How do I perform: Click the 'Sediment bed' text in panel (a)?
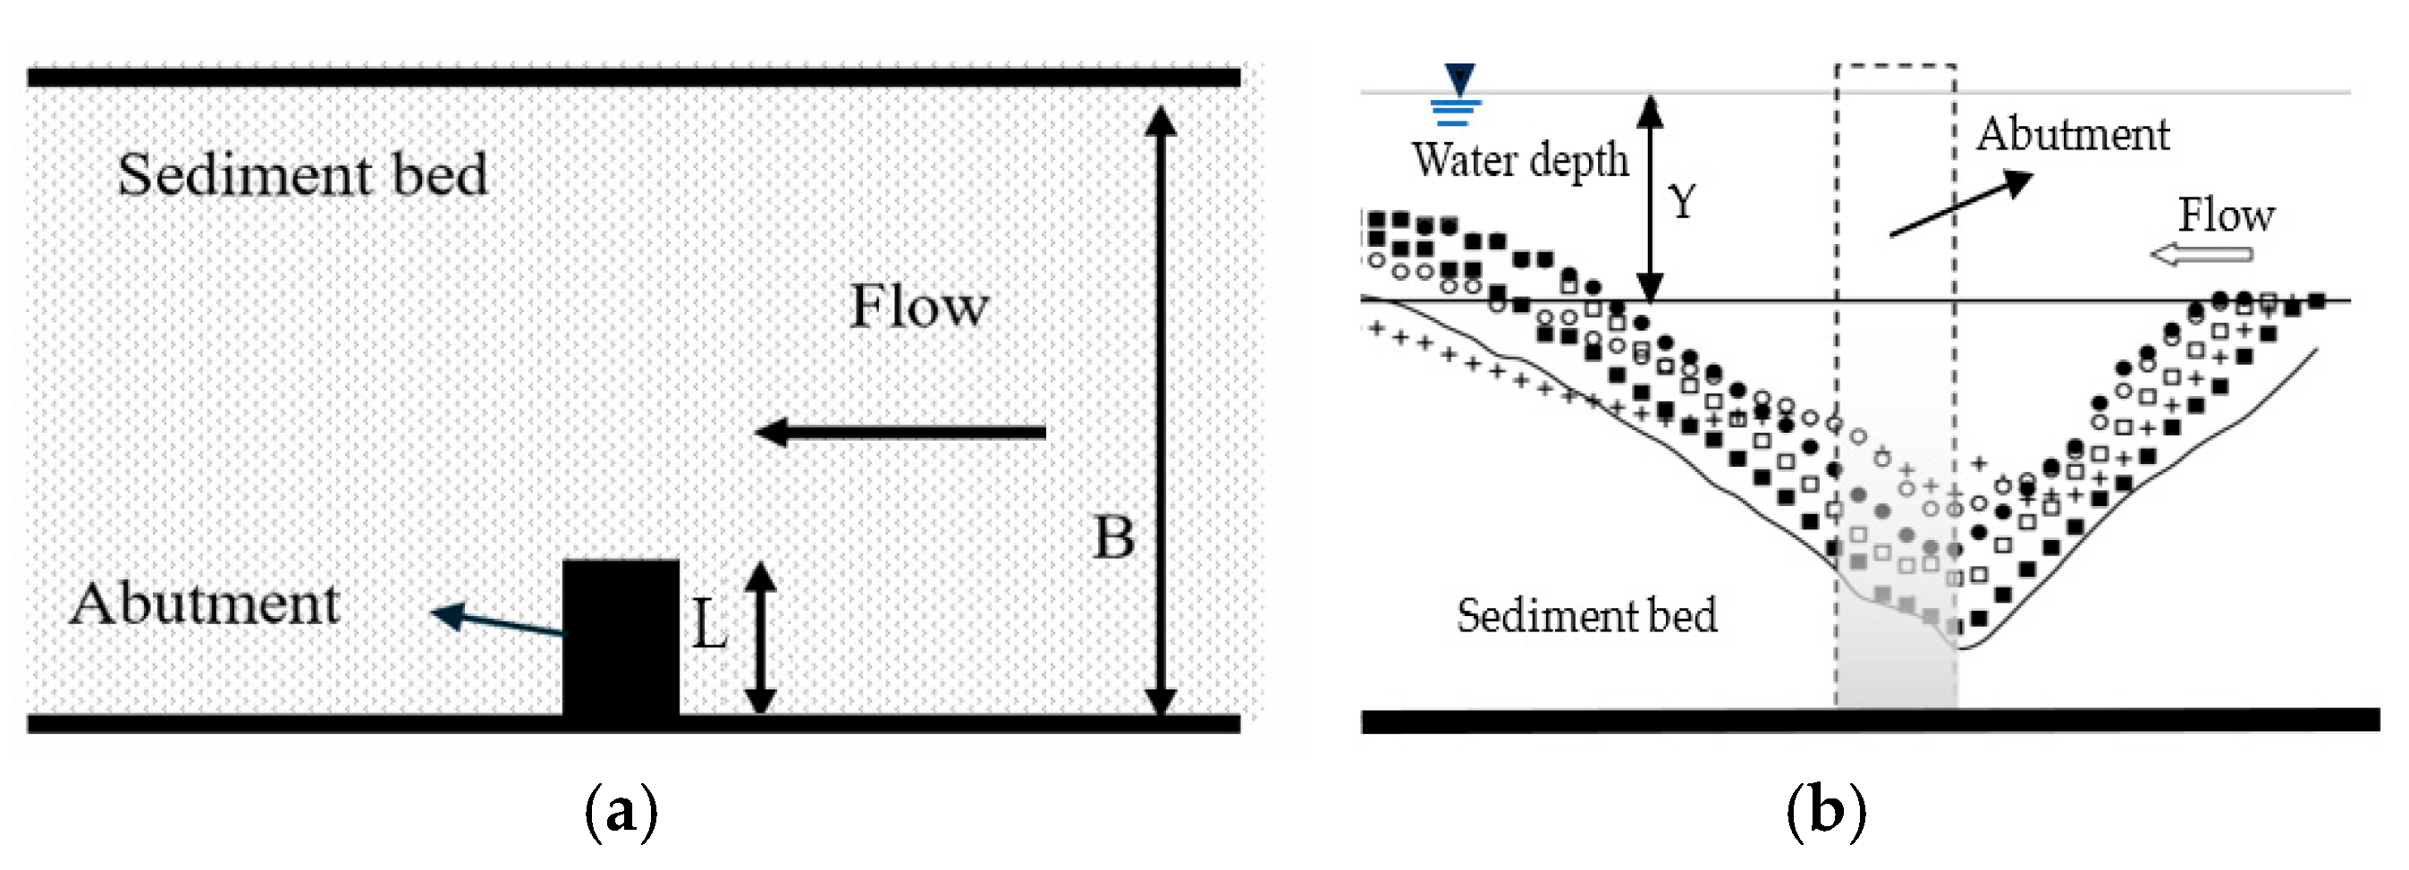pyautogui.click(x=302, y=175)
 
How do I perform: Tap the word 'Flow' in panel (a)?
pyautogui.click(x=918, y=306)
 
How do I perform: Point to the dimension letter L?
pyautogui.click(x=710, y=625)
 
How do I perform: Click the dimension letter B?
pyautogui.click(x=1114, y=538)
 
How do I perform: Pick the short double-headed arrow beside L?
pyautogui.click(x=760, y=638)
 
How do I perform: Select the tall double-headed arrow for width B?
pyautogui.click(x=1161, y=411)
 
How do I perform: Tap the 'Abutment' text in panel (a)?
pyautogui.click(x=204, y=604)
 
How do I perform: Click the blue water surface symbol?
pyautogui.click(x=1457, y=96)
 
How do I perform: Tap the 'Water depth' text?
pyautogui.click(x=1519, y=160)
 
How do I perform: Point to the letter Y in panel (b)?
pyautogui.click(x=1682, y=201)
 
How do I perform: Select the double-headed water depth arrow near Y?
pyautogui.click(x=1651, y=198)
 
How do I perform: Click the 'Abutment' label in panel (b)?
pyautogui.click(x=2073, y=135)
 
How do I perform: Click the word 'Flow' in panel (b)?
pyautogui.click(x=2226, y=215)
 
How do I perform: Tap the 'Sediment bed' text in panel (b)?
pyautogui.click(x=1586, y=615)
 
